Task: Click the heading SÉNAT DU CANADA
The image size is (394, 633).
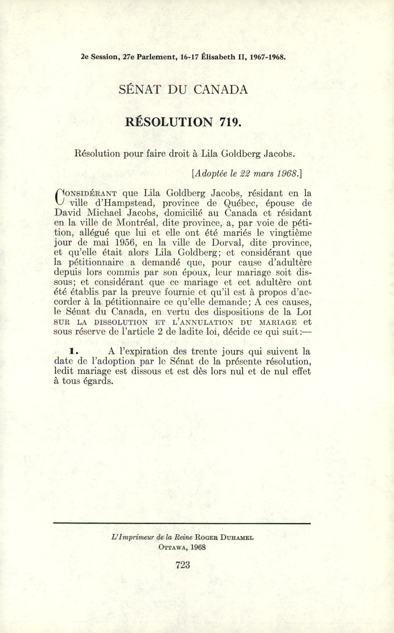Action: [x=183, y=90]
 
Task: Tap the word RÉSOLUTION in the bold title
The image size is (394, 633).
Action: [x=169, y=122]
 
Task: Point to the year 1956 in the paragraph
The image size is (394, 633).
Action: [x=124, y=243]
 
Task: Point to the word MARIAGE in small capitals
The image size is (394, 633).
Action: [x=278, y=322]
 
